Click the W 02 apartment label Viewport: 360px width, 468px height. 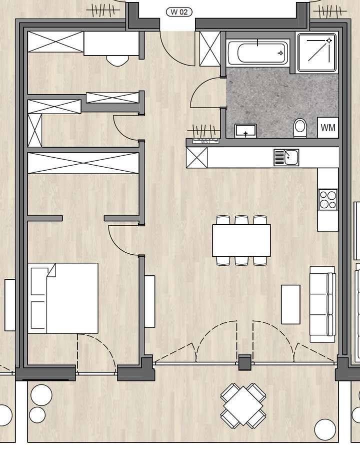click(179, 12)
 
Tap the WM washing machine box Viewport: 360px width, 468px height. click(328, 128)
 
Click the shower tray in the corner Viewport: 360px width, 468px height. click(316, 53)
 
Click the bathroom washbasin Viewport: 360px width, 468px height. click(245, 131)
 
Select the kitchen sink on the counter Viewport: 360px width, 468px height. click(286, 158)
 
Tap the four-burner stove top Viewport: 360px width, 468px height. click(328, 200)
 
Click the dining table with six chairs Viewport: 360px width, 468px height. click(241, 241)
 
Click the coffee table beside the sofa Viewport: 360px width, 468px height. click(290, 304)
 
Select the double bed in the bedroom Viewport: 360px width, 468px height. click(63, 298)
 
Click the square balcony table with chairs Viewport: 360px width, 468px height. click(243, 405)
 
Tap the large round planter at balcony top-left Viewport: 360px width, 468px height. click(41, 395)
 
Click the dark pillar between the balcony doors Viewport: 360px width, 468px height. click(244, 362)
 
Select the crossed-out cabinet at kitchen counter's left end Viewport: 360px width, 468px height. click(196, 158)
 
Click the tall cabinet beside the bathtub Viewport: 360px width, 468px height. click(210, 49)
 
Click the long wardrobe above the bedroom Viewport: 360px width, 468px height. click(83, 163)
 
